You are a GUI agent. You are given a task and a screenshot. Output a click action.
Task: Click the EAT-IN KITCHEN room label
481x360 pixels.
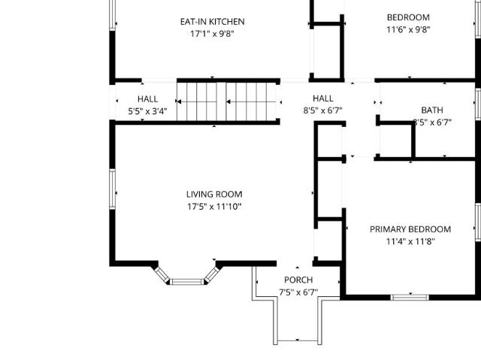point(212,22)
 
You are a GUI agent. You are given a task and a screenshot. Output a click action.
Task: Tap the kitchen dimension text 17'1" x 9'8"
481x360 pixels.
point(212,34)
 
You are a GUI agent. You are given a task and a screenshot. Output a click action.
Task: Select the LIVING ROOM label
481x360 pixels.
point(214,195)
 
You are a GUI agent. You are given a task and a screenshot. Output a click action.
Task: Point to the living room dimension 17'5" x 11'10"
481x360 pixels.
point(214,207)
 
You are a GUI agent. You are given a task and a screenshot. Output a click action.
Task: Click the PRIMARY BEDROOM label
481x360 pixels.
point(410,229)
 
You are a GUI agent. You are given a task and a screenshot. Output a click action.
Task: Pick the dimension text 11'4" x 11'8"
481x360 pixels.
point(410,242)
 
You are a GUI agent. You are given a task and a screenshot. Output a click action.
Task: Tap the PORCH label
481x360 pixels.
point(298,280)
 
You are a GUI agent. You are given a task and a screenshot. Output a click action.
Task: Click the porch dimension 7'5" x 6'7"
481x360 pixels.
point(298,292)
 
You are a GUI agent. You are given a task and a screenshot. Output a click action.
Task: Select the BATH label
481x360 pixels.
point(432,110)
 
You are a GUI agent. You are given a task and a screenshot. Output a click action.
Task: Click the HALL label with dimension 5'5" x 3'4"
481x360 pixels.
point(148,99)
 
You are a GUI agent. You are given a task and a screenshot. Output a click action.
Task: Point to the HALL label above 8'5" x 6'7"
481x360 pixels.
point(323,98)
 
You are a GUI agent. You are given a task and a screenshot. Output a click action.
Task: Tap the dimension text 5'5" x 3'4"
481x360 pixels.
point(148,111)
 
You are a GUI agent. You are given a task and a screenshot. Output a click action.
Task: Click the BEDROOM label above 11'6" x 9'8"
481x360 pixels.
point(408,17)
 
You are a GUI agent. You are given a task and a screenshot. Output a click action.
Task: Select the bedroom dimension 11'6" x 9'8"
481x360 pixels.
point(408,30)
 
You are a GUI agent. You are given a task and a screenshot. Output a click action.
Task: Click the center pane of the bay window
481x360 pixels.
point(187,282)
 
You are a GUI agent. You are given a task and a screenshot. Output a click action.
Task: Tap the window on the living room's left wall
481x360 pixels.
point(112,189)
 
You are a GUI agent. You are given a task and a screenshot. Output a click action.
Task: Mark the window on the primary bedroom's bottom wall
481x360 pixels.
point(410,297)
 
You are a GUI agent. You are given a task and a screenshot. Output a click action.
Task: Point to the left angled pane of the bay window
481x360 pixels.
point(162,274)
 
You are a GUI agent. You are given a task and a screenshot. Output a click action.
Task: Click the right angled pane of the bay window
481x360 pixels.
point(212,274)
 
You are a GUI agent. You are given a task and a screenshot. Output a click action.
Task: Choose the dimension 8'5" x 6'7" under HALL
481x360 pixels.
point(323,110)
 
